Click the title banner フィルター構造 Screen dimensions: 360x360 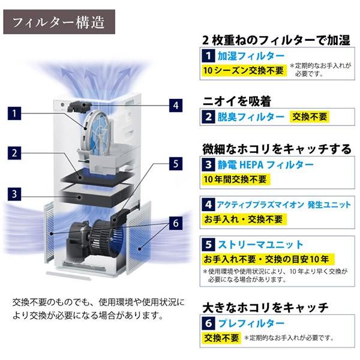pyautogui.click(x=59, y=22)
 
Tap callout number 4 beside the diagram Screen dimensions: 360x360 pyautogui.click(x=176, y=106)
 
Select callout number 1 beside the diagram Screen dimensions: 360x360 pyautogui.click(x=14, y=113)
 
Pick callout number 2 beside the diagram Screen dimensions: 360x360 pyautogui.click(x=14, y=153)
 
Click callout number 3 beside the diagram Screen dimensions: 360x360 pyautogui.click(x=14, y=194)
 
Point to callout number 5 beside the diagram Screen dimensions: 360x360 pyautogui.click(x=176, y=164)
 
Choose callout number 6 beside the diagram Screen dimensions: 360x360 pyautogui.click(x=176, y=223)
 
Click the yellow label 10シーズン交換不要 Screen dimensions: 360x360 pyautogui.click(x=244, y=70)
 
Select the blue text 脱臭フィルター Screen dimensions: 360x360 pyautogui.click(x=251, y=117)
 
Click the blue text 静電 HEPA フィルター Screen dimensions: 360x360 pyautogui.click(x=265, y=165)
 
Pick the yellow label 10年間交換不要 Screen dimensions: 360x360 pyautogui.click(x=236, y=179)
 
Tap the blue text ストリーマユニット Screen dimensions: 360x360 pyautogui.click(x=260, y=245)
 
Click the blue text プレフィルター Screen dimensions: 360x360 pyautogui.click(x=251, y=323)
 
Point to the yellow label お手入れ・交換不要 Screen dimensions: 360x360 pyautogui.click(x=244, y=219)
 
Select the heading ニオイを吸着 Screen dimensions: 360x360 pyautogui.click(x=237, y=101)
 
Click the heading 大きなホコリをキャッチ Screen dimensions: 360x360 pyautogui.click(x=265, y=308)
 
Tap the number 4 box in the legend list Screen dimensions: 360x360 pyautogui.click(x=208, y=205)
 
